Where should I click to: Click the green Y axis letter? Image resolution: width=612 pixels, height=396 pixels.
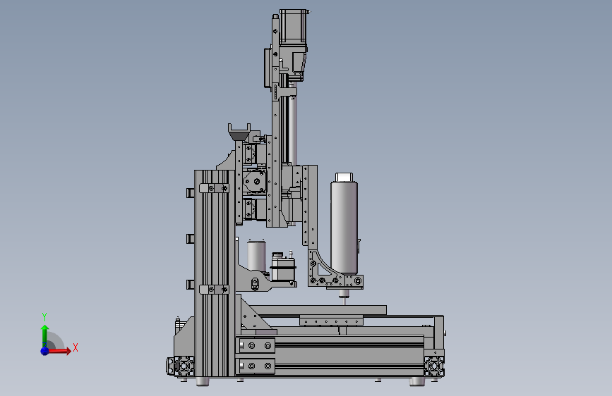click(44, 316)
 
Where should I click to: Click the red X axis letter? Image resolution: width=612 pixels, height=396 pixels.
click(76, 347)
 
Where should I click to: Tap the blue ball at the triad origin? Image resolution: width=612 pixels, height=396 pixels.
click(45, 351)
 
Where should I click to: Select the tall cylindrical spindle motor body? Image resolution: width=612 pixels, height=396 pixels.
click(344, 227)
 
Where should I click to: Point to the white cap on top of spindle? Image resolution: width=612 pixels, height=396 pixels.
click(344, 178)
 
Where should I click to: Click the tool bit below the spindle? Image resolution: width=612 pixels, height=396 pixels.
click(344, 299)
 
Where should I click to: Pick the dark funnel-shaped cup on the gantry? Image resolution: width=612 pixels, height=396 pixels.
click(239, 132)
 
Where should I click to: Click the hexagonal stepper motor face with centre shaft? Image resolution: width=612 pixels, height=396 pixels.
click(255, 181)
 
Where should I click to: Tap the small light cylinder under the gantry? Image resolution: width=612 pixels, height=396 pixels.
click(256, 255)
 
